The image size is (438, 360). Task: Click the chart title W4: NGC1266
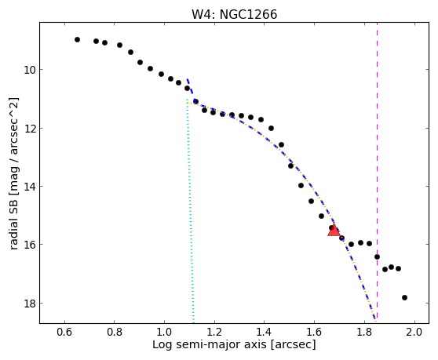234,14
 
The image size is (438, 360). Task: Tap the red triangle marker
334,231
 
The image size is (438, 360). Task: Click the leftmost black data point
78,40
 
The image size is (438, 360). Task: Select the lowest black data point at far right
404,297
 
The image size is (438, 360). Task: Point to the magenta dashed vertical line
377,170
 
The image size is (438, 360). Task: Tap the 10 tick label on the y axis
30,70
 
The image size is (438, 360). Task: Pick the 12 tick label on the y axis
30,129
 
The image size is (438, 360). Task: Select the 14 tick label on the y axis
30,186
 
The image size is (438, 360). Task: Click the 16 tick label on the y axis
30,245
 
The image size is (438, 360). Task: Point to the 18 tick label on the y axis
30,303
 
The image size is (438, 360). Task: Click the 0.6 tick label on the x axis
64,332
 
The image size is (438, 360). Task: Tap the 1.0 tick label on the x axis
164,332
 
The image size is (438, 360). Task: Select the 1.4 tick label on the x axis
264,332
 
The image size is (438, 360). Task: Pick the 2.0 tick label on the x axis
414,332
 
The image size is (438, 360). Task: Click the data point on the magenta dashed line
377,256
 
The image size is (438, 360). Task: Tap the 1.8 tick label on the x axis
364,332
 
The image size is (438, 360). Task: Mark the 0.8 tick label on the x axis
115,332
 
